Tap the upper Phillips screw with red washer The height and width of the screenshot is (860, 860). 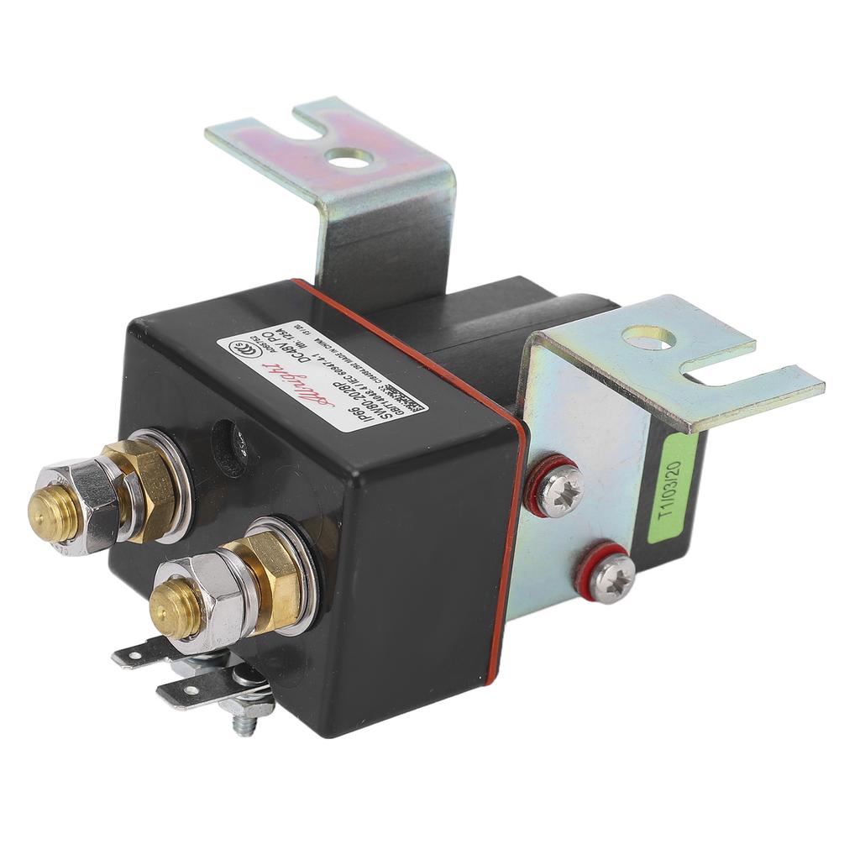(x=552, y=487)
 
